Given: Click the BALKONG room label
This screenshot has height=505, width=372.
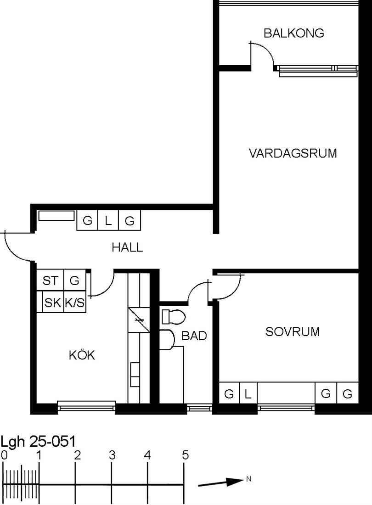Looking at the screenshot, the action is tap(294, 33).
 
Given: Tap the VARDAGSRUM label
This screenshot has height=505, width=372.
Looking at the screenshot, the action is tap(293, 153).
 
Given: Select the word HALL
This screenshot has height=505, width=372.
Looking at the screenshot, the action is tap(127, 247).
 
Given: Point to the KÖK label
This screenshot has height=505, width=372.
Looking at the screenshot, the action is tap(82, 355).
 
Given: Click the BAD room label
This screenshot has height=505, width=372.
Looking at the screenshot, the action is tap(194, 336).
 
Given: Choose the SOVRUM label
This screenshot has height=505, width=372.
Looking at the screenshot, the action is tap(293, 332).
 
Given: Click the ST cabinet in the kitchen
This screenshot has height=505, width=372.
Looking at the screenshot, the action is tap(50, 280).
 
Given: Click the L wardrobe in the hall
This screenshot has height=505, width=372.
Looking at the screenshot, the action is tap(108, 221).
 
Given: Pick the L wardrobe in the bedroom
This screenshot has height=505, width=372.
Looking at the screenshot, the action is tap(248, 393).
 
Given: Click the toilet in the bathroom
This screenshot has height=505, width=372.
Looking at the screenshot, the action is tap(173, 316).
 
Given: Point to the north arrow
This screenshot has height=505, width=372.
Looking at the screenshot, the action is tap(220, 482).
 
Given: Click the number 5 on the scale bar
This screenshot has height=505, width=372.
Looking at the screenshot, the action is tap(185, 455).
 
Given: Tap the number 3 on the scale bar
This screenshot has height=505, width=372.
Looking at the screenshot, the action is tap(112, 455).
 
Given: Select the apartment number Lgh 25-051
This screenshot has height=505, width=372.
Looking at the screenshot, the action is tap(38, 442).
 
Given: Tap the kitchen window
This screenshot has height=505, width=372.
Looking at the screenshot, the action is tap(86, 406).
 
